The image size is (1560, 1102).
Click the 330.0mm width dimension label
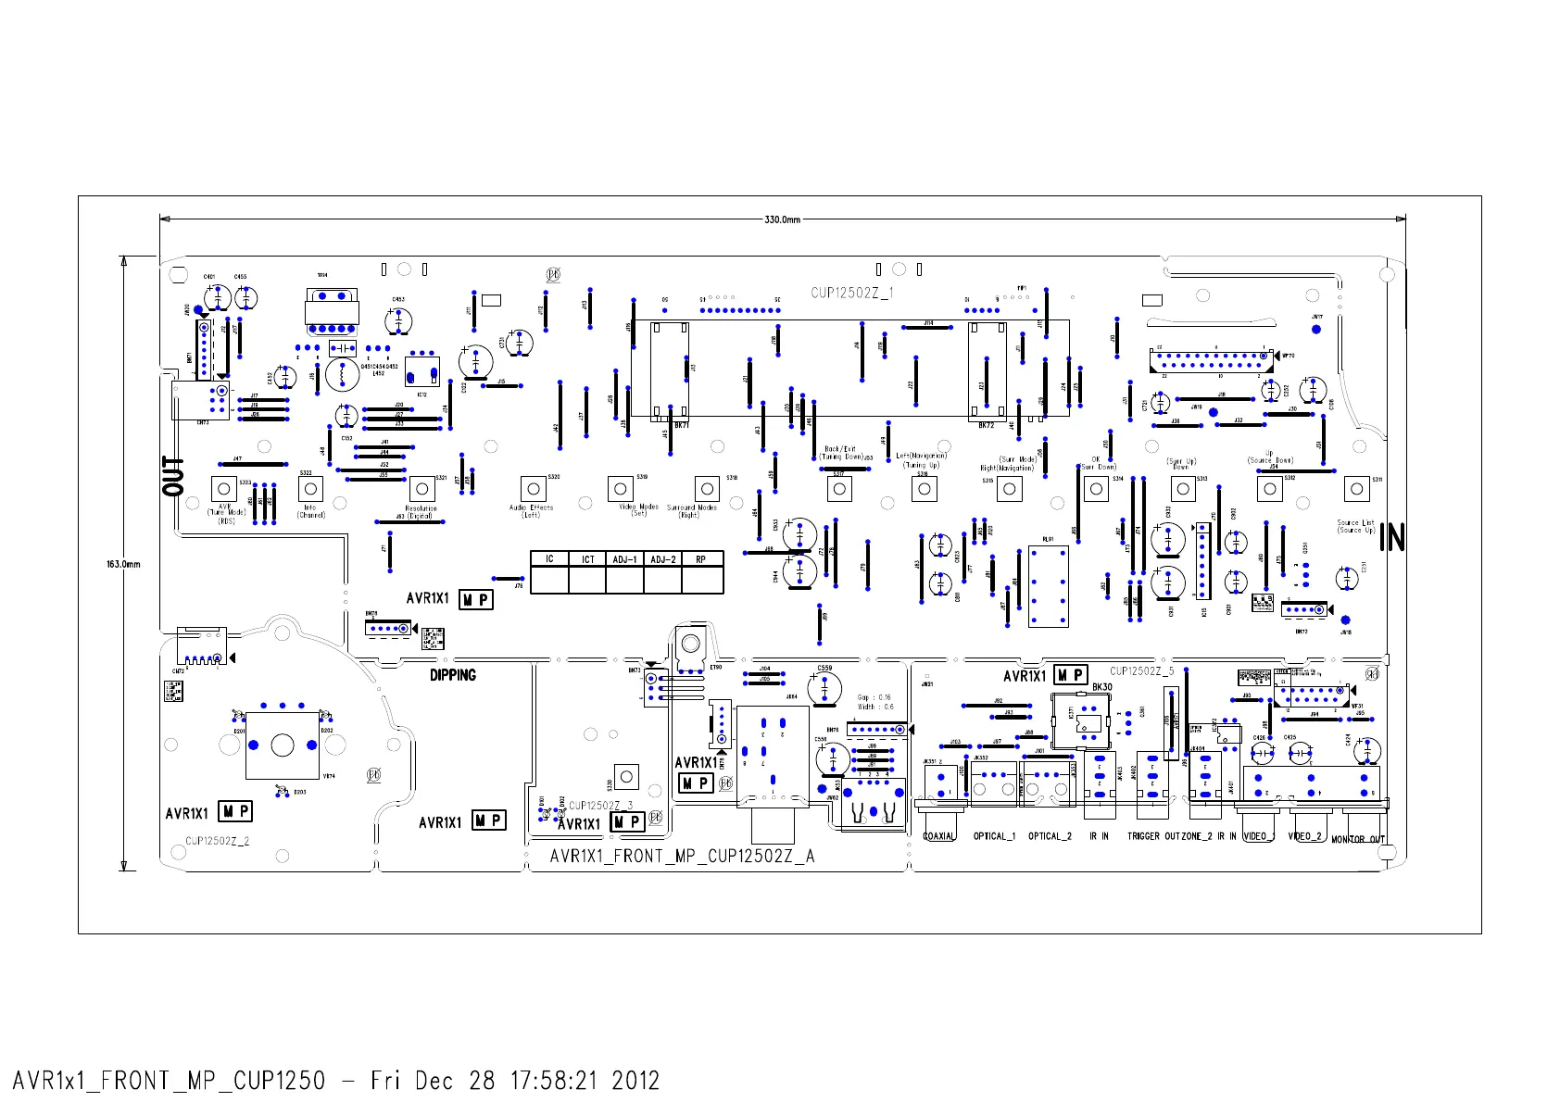coord(782,219)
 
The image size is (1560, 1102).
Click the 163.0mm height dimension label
coord(123,564)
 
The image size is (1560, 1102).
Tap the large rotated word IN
coord(1391,537)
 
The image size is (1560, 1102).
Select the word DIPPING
coord(452,675)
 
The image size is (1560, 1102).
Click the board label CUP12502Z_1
coord(852,293)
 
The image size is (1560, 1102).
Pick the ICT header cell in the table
coord(587,559)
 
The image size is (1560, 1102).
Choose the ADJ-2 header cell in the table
coord(662,559)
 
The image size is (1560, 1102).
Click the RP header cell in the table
coord(701,559)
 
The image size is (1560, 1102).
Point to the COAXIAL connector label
coord(938,836)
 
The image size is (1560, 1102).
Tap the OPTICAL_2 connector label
coord(1050,836)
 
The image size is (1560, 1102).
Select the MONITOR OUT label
coord(1357,839)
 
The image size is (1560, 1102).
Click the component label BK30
coord(1101,687)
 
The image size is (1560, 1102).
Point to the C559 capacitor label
coord(824,668)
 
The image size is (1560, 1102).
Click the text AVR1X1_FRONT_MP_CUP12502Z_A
coord(682,857)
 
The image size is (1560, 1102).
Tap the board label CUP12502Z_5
coord(1141,671)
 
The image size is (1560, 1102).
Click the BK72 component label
coord(986,425)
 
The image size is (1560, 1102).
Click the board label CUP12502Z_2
coord(217,841)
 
